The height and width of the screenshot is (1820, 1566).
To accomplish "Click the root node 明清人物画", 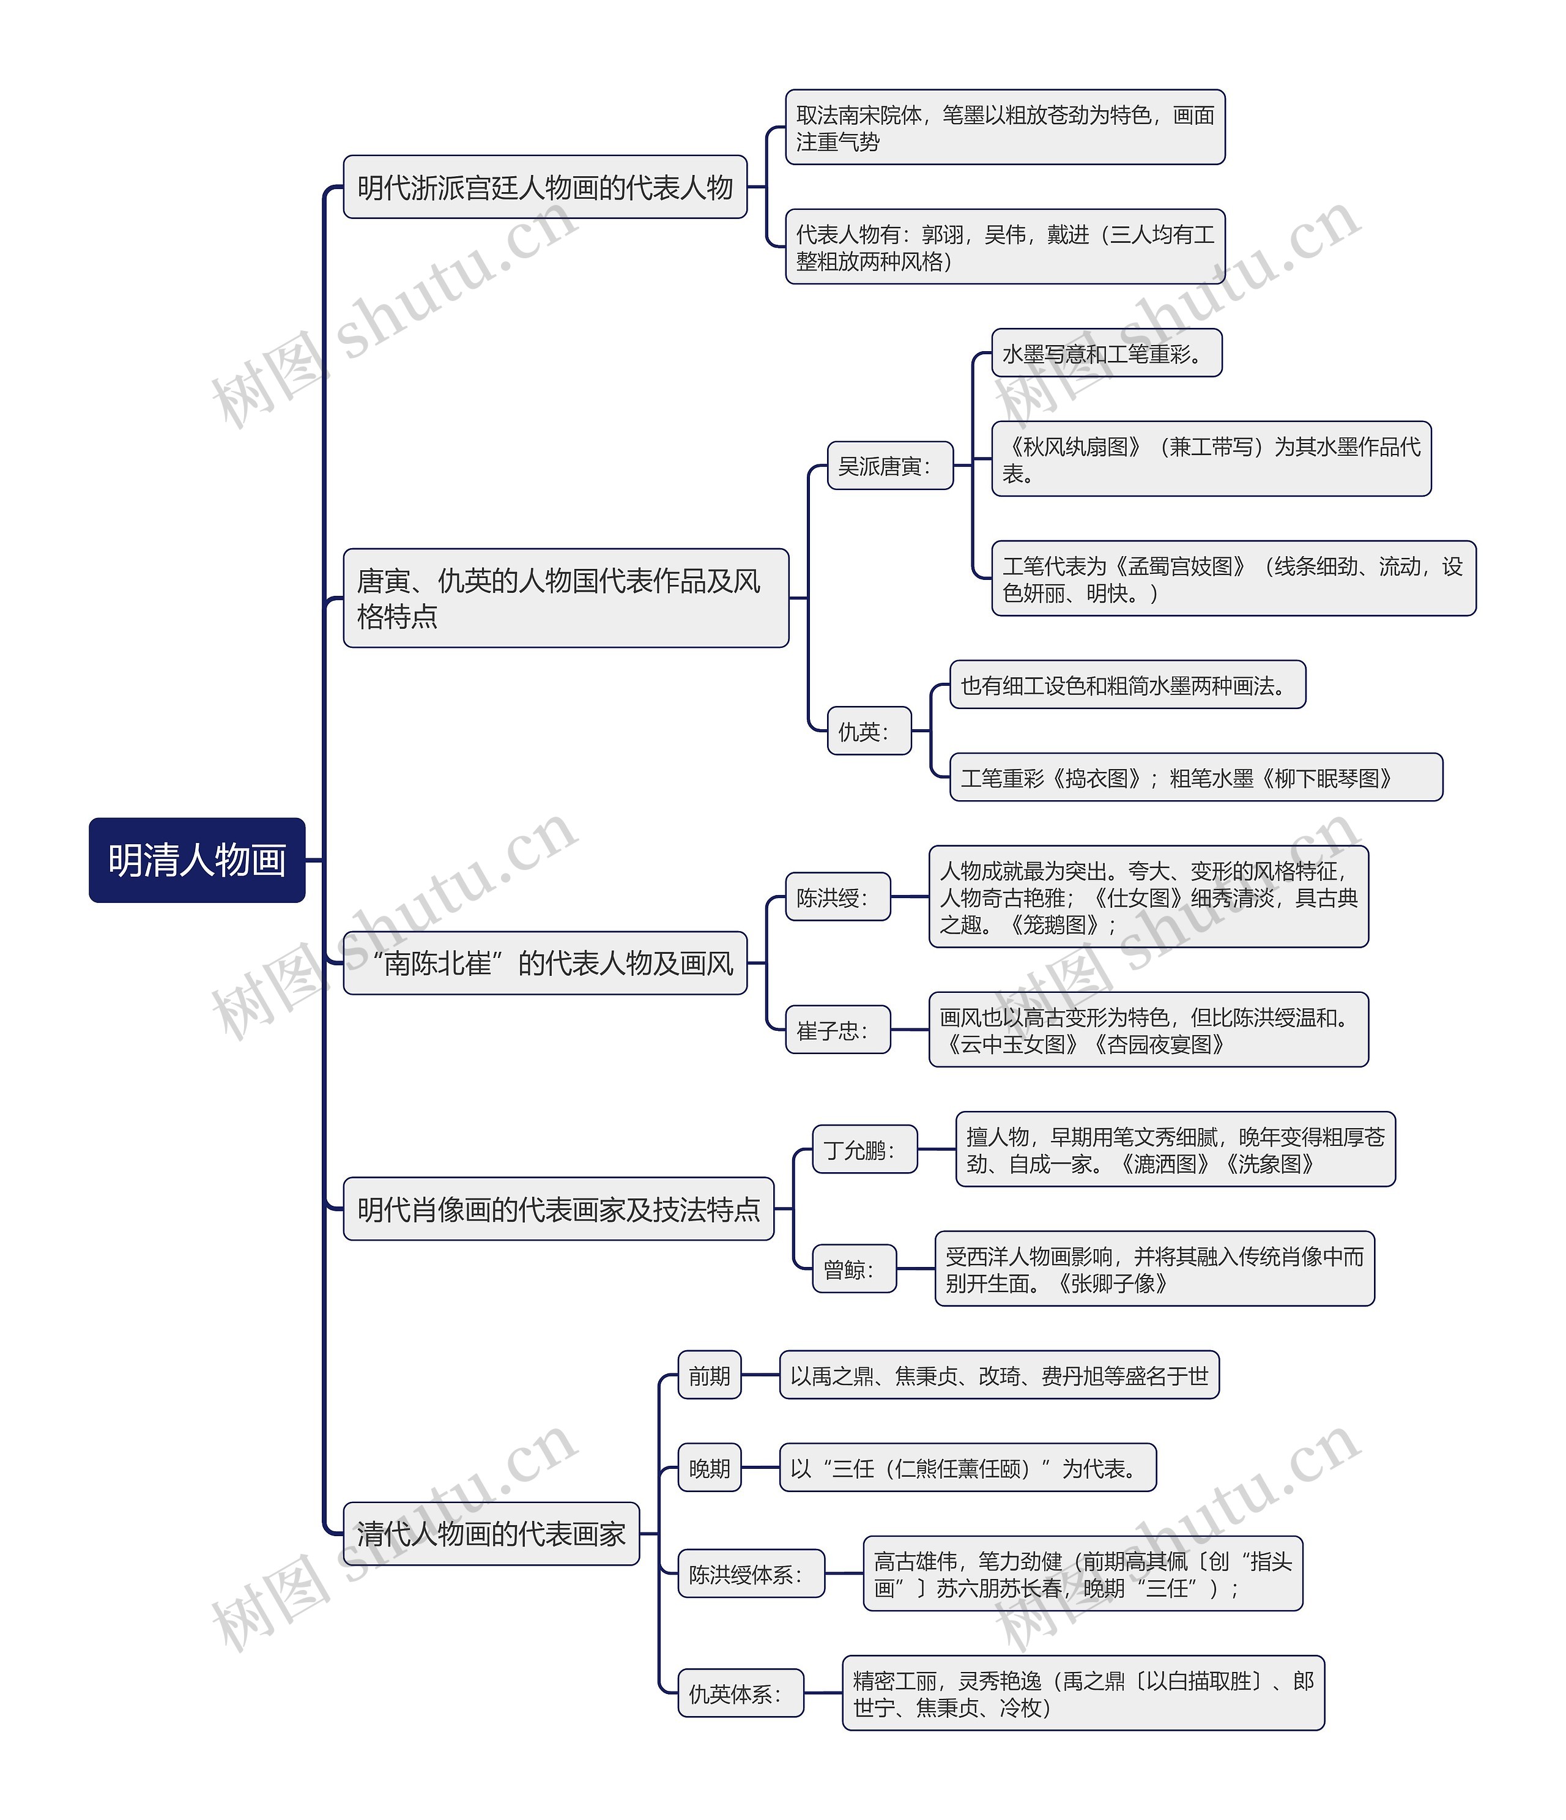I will pos(197,860).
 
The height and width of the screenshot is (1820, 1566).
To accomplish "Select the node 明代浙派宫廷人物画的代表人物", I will pos(544,187).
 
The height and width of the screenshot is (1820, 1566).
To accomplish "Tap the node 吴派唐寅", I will pos(889,466).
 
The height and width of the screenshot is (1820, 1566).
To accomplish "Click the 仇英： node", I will pos(869,731).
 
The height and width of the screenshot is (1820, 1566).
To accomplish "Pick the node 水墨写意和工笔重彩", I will pos(1106,353).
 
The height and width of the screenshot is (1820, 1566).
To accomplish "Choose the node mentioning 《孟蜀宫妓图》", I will pos(1233,579).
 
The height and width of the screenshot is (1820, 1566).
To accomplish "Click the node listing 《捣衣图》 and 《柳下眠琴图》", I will pos(1195,778).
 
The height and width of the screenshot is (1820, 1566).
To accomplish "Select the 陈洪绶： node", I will pos(837,897).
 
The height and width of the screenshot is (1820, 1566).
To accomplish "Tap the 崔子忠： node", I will pos(837,1030).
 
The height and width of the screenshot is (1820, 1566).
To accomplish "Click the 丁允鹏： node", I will pos(864,1149).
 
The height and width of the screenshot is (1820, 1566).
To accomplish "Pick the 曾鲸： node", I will pos(854,1268).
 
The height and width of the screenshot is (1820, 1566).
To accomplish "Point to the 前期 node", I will pos(709,1375).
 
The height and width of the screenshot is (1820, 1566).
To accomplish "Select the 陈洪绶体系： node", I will pos(751,1574).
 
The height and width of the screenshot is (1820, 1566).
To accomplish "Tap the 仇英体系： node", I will pos(740,1693).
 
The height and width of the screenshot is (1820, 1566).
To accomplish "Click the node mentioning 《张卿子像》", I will pos(1154,1268).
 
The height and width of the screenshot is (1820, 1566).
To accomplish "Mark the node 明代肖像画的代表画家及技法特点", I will pos(558,1209).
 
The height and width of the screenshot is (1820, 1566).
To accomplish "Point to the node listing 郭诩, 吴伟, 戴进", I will pos(1005,247).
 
